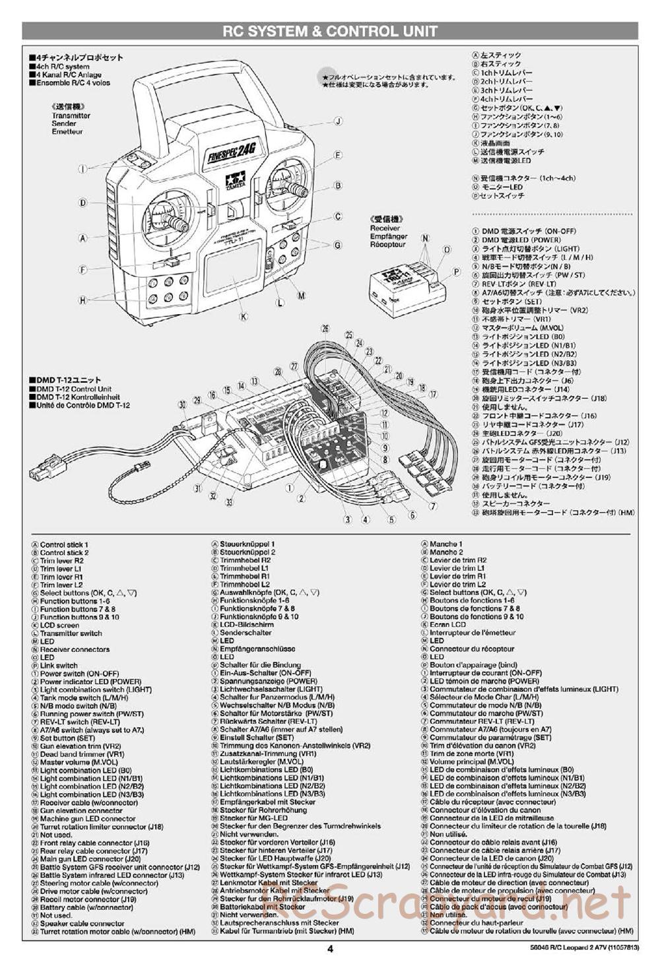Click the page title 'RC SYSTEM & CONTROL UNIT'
tap(329, 31)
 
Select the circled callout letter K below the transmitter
tap(244, 317)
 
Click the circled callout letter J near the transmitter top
tap(337, 121)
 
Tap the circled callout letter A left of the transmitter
tap(83, 238)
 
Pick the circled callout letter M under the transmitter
tap(302, 296)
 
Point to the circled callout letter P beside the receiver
tap(455, 271)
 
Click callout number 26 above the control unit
tap(325, 329)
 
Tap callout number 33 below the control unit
tap(229, 502)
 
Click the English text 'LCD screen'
tap(59, 626)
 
